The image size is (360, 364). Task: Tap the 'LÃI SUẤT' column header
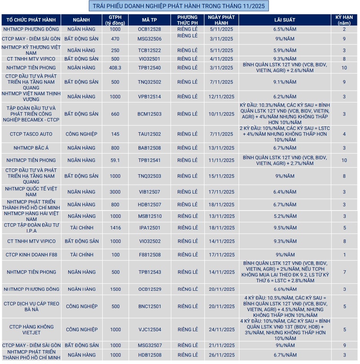(285, 20)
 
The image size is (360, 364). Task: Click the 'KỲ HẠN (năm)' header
(344, 20)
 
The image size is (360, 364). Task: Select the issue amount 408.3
(115, 68)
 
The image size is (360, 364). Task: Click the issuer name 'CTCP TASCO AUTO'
(31, 134)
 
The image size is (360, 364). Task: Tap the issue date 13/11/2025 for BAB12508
(221, 148)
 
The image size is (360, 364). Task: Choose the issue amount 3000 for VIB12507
(115, 192)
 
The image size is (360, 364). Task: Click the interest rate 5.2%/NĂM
(285, 216)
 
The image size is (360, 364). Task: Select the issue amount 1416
(115, 228)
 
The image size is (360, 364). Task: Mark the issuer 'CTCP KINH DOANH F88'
(31, 255)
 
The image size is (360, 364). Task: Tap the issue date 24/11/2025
(221, 330)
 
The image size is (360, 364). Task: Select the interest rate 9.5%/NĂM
(285, 228)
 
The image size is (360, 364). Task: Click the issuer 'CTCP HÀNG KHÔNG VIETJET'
(31, 330)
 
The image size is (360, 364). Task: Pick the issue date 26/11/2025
(221, 355)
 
